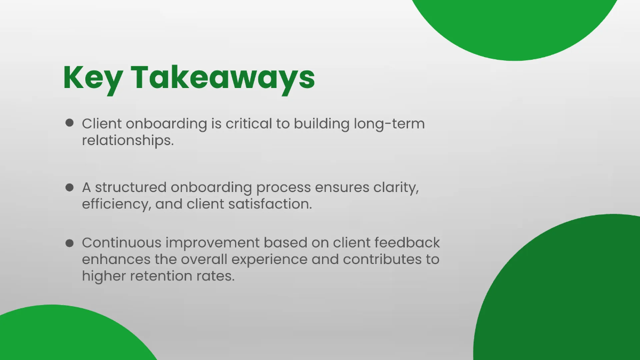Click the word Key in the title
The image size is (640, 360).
coord(91,78)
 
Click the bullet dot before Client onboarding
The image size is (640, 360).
coord(69,123)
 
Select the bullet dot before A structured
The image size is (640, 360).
coord(69,188)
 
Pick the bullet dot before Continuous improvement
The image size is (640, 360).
coord(69,243)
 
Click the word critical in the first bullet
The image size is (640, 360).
coord(250,124)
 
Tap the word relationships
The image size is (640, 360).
coord(128,141)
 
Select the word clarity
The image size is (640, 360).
coord(394,188)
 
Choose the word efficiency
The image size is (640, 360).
coord(115,205)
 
